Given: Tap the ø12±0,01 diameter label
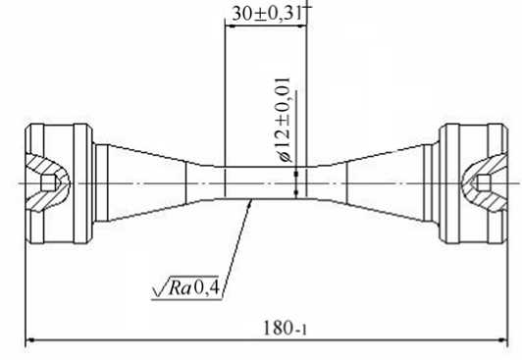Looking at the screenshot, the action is tap(284, 120).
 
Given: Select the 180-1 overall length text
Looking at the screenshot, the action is tap(285, 328).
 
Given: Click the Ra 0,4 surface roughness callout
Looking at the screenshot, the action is tap(185, 287).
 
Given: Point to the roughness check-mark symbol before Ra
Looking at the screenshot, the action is tap(160, 287).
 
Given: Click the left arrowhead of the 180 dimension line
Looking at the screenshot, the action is tap(30, 340).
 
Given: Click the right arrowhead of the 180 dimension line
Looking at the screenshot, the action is tap(502, 340).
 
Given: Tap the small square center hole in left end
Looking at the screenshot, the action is tap(49, 183).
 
